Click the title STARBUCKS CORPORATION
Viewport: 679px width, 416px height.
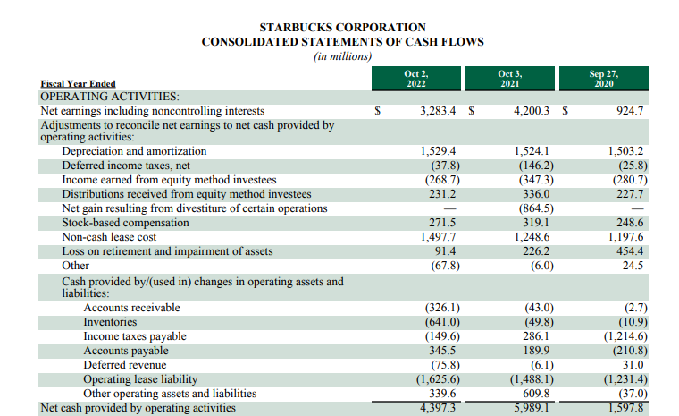pyautogui.click(x=342, y=28)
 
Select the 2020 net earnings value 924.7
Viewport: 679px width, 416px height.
pyautogui.click(x=631, y=111)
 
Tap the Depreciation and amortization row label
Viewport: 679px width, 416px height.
pyautogui.click(x=134, y=151)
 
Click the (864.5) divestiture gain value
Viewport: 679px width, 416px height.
pyautogui.click(x=534, y=208)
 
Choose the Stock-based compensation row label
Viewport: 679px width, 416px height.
pyautogui.click(x=126, y=223)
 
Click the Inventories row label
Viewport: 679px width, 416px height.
pyautogui.click(x=110, y=322)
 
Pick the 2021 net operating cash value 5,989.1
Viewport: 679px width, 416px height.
pyautogui.click(x=533, y=408)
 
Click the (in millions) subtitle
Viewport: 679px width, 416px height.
pyautogui.click(x=342, y=56)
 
